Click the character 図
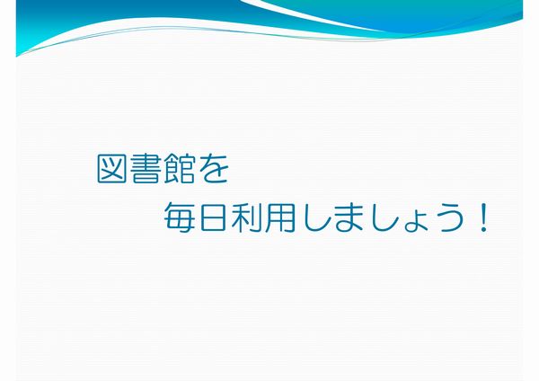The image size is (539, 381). (x=111, y=168)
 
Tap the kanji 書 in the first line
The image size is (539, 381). (x=145, y=168)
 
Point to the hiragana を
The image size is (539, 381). (x=214, y=169)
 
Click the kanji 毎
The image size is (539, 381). (x=179, y=217)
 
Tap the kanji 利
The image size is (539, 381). (x=246, y=217)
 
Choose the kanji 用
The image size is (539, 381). (x=279, y=217)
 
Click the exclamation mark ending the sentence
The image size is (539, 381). (x=483, y=217)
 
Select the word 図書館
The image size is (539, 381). (x=146, y=168)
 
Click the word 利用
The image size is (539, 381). (x=262, y=217)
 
